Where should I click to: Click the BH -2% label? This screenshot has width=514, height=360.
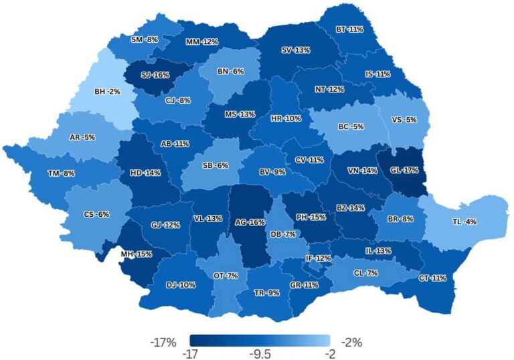(x=107, y=91)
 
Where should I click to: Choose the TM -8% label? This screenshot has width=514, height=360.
(x=62, y=173)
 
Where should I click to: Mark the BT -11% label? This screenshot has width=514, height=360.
(x=350, y=29)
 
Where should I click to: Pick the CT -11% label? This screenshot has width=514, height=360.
(x=432, y=278)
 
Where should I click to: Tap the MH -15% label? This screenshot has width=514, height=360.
(x=137, y=254)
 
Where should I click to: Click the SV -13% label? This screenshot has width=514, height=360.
(x=295, y=50)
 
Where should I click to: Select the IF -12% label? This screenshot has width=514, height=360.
(x=319, y=258)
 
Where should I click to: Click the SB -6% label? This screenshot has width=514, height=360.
(x=216, y=166)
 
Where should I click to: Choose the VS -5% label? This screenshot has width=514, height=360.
(x=404, y=120)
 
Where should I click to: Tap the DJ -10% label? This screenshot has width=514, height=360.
(x=181, y=285)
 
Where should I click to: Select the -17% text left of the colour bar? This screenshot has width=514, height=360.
(x=163, y=343)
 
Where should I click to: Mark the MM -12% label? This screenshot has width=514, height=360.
(x=202, y=41)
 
